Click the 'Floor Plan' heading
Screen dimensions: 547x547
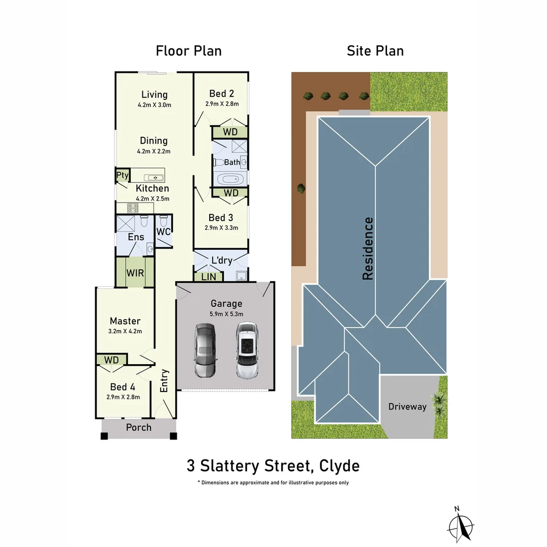point(188,51)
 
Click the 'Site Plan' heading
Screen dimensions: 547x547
point(375,51)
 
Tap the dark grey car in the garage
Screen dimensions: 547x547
point(205,350)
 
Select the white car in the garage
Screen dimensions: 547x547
point(247,350)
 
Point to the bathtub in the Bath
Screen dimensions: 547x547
point(230,179)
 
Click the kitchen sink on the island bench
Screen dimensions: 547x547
point(154,178)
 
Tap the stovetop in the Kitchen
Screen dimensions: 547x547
point(133,208)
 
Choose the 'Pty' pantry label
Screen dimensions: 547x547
point(123,175)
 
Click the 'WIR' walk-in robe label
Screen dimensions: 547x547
point(135,273)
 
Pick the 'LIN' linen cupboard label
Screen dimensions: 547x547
point(208,277)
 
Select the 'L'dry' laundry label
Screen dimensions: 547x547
point(221,261)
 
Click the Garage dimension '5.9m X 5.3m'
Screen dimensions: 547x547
point(226,314)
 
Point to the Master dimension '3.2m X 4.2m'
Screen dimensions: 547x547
point(125,331)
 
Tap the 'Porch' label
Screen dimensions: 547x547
point(138,427)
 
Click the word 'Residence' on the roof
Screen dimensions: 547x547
point(368,248)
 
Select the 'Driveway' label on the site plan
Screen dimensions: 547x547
point(407,407)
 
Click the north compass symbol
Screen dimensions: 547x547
point(460,525)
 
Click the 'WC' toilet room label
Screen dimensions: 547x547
point(163,232)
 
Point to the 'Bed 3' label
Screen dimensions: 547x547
point(221,218)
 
